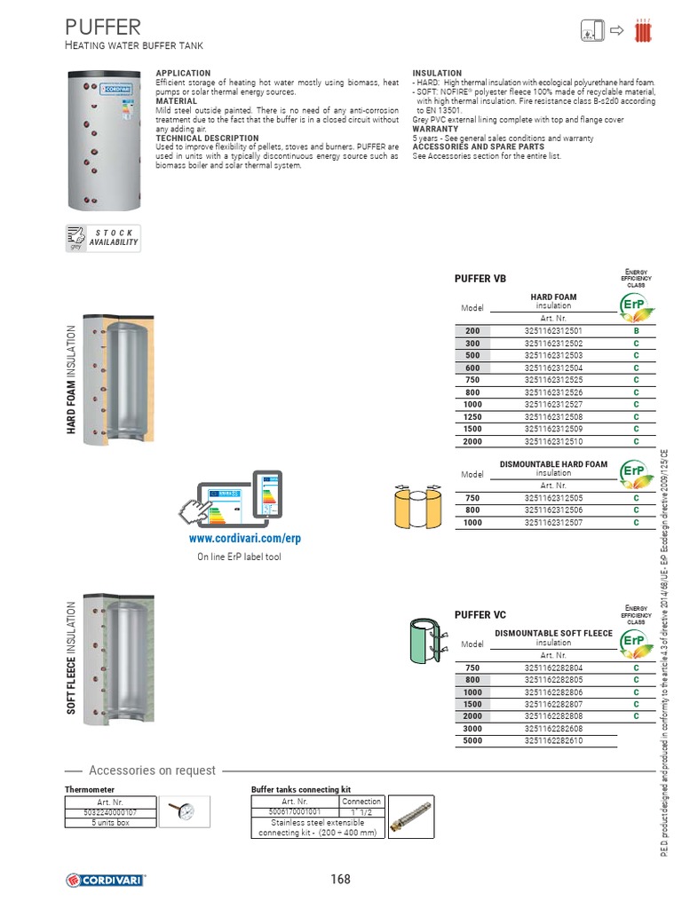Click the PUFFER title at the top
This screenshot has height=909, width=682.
(102, 28)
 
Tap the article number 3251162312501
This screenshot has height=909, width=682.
(553, 331)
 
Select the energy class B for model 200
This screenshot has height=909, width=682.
(636, 331)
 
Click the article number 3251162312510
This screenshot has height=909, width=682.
(553, 440)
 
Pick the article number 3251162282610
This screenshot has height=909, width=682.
(553, 739)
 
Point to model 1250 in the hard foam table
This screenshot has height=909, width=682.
(472, 416)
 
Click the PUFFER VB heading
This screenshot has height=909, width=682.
(480, 279)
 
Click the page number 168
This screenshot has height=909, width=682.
(340, 879)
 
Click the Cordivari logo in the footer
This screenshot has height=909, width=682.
(106, 880)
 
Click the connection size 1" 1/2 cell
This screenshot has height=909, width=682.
(361, 811)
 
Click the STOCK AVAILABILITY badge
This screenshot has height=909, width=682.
(104, 238)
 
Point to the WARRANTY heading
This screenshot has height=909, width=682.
(435, 129)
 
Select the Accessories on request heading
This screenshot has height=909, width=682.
(152, 771)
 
